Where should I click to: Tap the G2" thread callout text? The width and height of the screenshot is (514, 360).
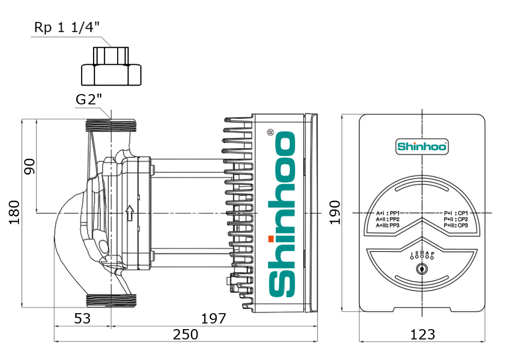(89, 100)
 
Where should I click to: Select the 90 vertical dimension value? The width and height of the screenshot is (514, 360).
(30, 166)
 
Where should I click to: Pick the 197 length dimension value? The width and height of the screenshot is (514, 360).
(213, 319)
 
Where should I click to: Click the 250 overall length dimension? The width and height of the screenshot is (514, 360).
(185, 335)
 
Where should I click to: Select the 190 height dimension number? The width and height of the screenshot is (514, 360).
(335, 212)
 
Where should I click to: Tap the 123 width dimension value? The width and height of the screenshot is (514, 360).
(423, 335)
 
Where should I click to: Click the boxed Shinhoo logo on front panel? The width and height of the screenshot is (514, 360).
(422, 147)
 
